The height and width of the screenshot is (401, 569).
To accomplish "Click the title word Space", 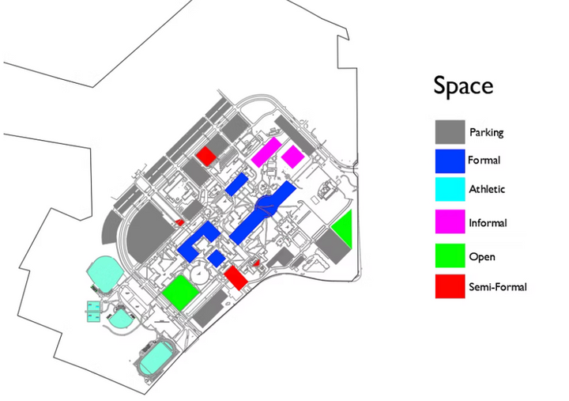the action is coord(463,86).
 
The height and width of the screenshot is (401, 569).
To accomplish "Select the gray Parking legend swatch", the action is coord(450,132).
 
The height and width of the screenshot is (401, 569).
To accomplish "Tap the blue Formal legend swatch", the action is coord(450,161).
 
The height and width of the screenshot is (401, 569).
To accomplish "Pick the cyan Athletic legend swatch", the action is coord(450,189).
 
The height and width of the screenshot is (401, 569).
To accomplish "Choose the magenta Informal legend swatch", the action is coord(450,221).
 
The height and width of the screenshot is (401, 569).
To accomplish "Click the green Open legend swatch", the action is coord(450,255).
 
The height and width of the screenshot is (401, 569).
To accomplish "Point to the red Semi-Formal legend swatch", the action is coord(450,286).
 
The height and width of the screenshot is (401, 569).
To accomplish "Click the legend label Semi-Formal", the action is coord(498,287).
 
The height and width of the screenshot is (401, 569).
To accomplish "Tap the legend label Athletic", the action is coord(487,189).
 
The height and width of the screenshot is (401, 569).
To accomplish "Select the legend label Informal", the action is coord(488,222).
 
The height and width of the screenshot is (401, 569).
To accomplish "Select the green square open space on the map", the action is coord(180,293).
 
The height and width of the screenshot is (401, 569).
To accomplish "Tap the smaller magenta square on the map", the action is coord(293,157).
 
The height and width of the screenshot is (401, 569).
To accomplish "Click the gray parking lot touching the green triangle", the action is coord(333,246).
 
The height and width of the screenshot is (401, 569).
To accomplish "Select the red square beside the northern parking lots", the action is coord(206,156).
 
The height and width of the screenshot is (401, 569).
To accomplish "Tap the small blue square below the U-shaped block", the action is coord(217,259).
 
